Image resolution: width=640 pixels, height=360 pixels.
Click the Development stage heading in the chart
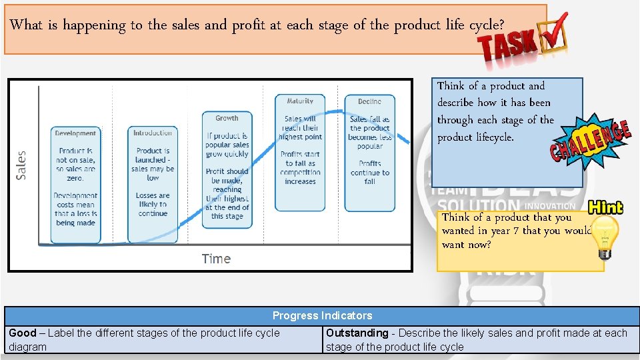(x=75, y=133)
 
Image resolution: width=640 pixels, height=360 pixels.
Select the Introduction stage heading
(x=153, y=133)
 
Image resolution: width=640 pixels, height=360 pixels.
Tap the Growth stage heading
(x=227, y=118)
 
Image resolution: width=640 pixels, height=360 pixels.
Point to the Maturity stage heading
(x=300, y=101)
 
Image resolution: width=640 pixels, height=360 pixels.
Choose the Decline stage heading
(x=369, y=101)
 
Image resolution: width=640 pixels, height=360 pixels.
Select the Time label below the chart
(x=216, y=259)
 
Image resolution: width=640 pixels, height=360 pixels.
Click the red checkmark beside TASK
(x=557, y=30)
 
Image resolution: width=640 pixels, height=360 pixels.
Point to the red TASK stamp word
(x=508, y=46)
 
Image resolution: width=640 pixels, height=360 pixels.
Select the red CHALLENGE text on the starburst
(x=589, y=141)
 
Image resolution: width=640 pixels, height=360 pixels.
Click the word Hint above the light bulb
(x=605, y=207)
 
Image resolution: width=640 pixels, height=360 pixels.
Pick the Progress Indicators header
(x=322, y=315)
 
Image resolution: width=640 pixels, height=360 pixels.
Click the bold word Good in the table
(x=22, y=333)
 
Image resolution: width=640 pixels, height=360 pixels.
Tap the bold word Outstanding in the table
(x=357, y=333)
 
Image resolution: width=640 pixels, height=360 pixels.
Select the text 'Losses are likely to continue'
(x=153, y=205)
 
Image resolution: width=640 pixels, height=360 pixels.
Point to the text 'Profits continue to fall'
(x=370, y=172)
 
